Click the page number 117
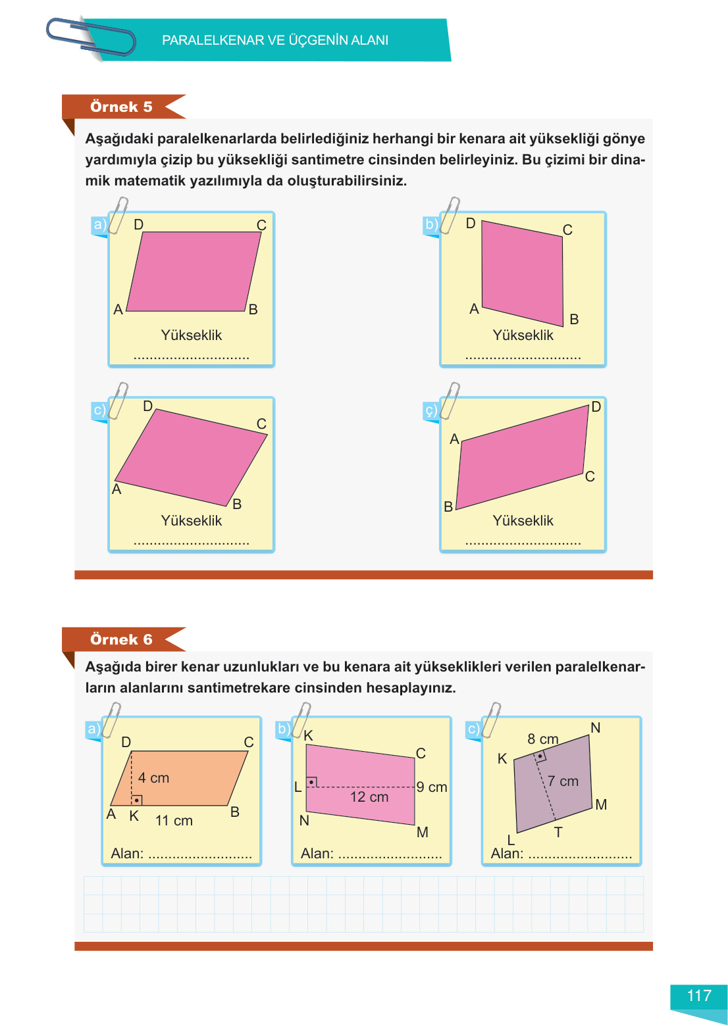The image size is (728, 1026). pos(699,996)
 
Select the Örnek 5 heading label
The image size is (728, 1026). pos(121,107)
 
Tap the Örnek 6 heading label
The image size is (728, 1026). pos(121,639)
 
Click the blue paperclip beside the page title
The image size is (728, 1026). pos(90,37)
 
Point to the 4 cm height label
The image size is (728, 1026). pos(154,778)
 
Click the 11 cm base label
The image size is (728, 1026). pos(174,821)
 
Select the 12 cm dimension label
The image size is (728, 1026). pos(369,797)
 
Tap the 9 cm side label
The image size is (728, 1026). pos(432,787)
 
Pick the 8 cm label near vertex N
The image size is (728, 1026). pos(543,739)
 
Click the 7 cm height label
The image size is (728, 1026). pos(563,781)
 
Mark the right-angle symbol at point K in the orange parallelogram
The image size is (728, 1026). pos(137,800)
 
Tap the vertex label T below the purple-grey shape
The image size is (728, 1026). pos(558,833)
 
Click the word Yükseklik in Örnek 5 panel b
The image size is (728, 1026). pos(523,335)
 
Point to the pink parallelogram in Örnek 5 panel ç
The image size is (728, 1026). pos(522,457)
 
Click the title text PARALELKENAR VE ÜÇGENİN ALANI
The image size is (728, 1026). pos(275,40)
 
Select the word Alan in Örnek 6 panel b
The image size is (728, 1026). pos(316,854)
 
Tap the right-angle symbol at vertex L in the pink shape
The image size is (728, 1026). pos(312,782)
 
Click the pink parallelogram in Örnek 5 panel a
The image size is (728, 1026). pos(194,272)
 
